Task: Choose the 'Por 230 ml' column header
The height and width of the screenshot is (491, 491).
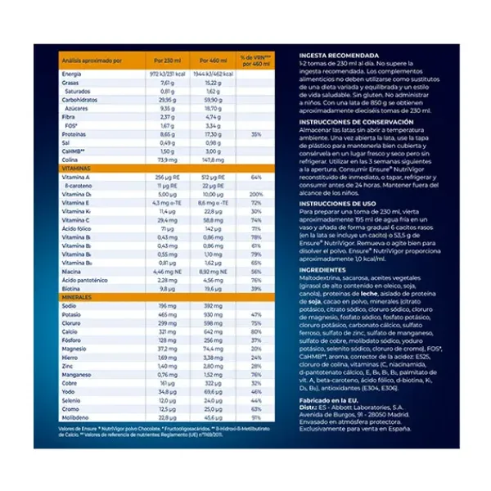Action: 167,61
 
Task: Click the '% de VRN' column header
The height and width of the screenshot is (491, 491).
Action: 255,61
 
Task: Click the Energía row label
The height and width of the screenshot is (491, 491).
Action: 72,74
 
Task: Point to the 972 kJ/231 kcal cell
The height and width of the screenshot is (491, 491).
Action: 167,74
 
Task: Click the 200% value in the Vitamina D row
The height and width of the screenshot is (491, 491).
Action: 256,193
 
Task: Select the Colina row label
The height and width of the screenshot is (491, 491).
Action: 70,159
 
